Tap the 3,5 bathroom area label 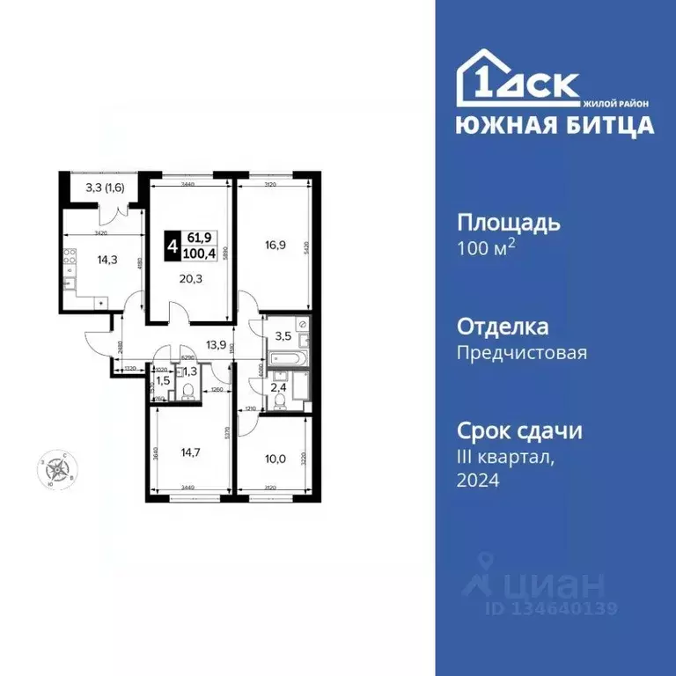[283, 335]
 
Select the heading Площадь [508, 223]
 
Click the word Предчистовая [522, 353]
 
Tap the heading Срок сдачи [519, 432]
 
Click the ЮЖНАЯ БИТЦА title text [555, 125]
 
